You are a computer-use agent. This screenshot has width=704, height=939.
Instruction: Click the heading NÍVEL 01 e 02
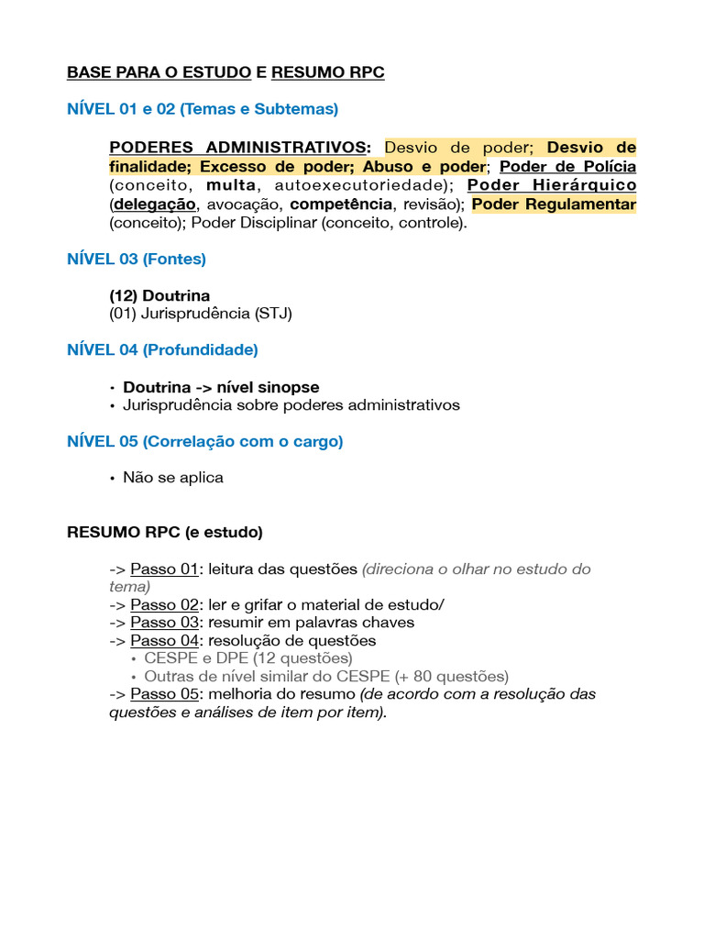pos(202,109)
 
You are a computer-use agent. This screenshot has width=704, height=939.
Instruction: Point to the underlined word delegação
pos(155,204)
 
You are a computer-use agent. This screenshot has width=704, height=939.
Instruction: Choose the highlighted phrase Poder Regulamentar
pos(554,204)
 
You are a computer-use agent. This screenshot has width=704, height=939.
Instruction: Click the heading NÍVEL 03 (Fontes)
pos(137,260)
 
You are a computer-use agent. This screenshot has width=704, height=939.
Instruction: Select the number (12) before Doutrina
pos(123,296)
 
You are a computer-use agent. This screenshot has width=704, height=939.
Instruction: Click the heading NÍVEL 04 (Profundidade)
pos(162,350)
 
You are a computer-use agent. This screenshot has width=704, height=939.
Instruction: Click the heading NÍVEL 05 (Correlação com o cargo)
pos(204,442)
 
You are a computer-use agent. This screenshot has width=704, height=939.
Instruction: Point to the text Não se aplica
pos(173,478)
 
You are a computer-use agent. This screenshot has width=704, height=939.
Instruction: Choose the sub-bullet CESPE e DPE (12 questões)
pos(247,658)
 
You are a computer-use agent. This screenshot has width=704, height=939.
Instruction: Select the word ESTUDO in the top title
pos(216,73)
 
